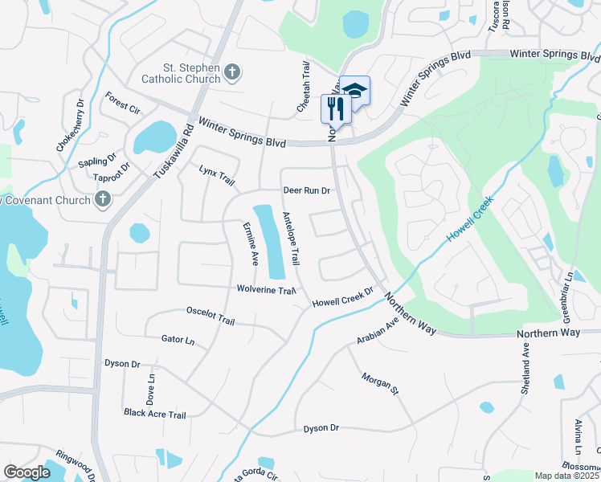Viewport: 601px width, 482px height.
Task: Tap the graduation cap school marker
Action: coord(354,90)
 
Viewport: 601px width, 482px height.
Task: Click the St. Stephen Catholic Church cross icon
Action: coord(232,73)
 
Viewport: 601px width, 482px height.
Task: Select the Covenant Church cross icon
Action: coord(102,199)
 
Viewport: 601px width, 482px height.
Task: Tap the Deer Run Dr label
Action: coord(307,190)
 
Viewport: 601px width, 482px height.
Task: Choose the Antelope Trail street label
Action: coord(291,239)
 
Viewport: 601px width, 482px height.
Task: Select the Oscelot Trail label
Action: coord(210,316)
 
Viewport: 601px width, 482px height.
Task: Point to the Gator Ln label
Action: coord(178,341)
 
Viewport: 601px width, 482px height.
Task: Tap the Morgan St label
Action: coord(380,384)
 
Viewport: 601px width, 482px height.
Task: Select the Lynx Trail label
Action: coord(217,177)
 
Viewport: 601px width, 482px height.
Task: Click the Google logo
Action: coord(27,472)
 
